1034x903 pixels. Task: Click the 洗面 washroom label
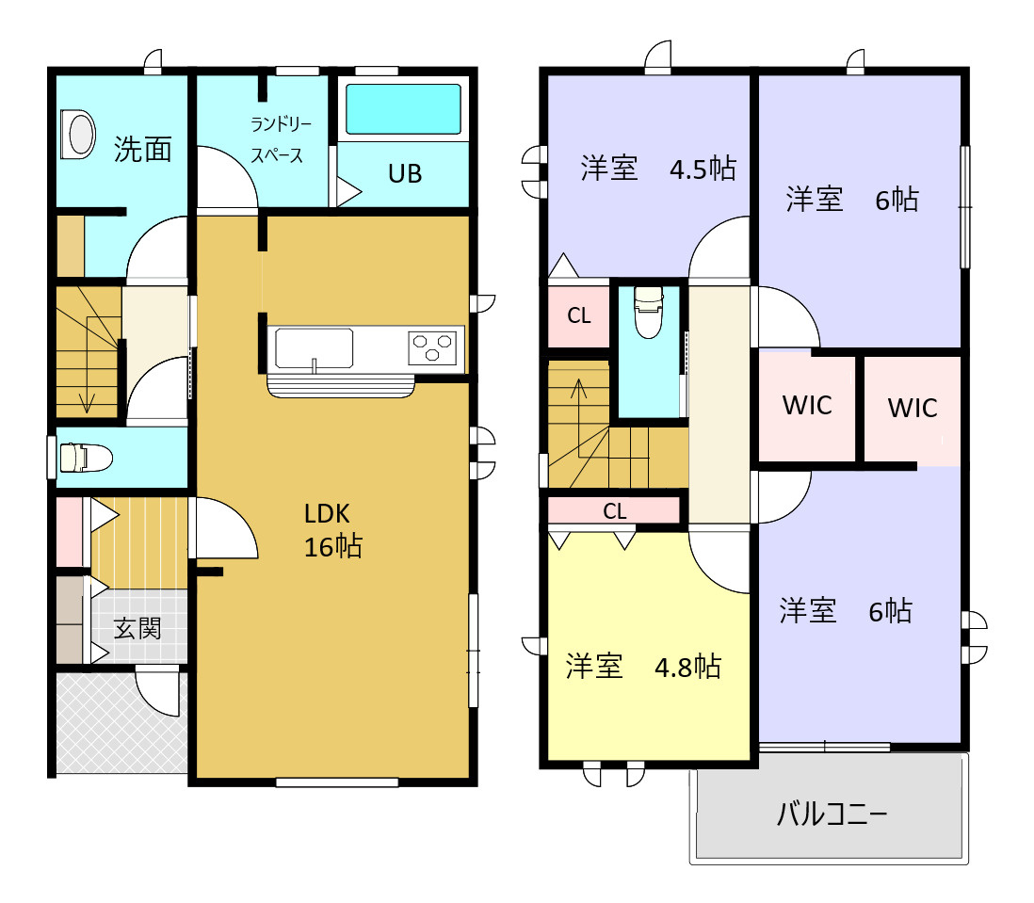(143, 149)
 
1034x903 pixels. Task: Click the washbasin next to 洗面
(77, 133)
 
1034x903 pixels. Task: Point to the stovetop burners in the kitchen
(433, 347)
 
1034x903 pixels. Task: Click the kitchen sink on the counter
(314, 348)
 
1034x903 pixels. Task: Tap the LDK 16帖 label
(331, 530)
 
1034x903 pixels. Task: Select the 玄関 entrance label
(137, 628)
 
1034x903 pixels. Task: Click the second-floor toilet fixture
(649, 312)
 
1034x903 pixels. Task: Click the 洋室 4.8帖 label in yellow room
(643, 667)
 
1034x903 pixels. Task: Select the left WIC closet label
(807, 405)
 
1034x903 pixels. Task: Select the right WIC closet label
(913, 408)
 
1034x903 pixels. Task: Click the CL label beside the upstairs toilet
(579, 316)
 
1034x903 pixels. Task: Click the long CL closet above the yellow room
(614, 511)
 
